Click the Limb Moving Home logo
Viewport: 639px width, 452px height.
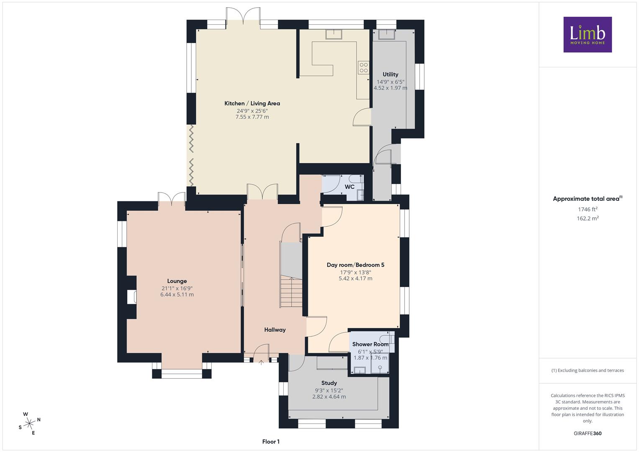[x=588, y=34]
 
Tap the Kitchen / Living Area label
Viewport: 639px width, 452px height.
[x=252, y=103]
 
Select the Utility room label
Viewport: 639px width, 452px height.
[x=390, y=74]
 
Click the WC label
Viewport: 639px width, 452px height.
[x=349, y=187]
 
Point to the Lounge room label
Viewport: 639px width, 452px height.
[x=177, y=281]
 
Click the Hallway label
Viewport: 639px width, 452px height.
[x=275, y=330]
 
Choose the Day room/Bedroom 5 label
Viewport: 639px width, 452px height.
[x=355, y=265]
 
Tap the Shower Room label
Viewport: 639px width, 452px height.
[x=370, y=344]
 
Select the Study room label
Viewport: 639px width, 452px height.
[x=329, y=383]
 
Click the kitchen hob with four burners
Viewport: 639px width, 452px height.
[x=363, y=68]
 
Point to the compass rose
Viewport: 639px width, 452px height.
[x=29, y=423]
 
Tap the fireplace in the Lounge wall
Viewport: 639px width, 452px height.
[x=132, y=296]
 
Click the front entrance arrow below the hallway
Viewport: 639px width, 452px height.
[x=261, y=362]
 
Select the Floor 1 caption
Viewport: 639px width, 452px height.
[x=271, y=442]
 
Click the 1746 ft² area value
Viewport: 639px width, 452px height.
[x=588, y=209]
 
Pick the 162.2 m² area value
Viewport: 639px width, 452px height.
[x=588, y=218]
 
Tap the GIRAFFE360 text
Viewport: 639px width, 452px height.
[x=588, y=433]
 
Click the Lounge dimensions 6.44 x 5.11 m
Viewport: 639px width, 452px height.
[x=177, y=295]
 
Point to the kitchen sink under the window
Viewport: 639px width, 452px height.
[x=334, y=34]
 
